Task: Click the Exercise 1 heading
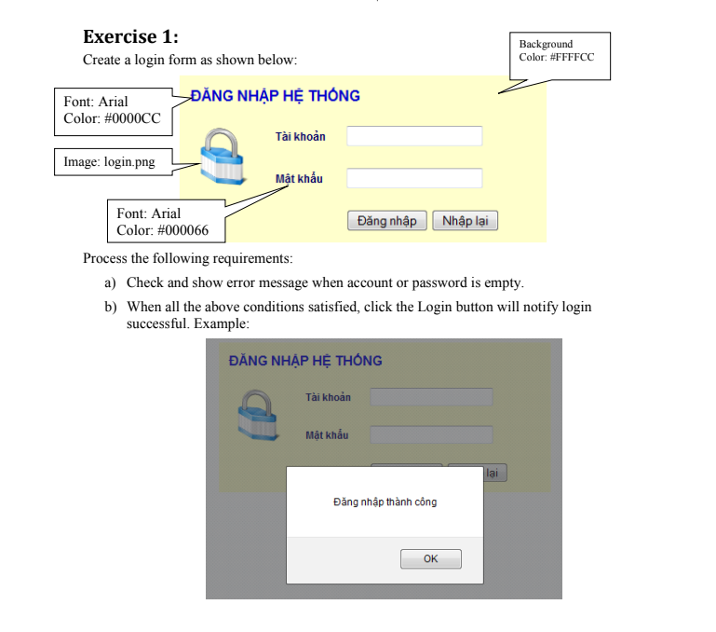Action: point(130,37)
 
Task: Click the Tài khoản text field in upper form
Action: point(414,136)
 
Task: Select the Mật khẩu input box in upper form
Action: point(414,178)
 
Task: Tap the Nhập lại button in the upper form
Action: point(465,221)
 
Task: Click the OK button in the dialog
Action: point(430,559)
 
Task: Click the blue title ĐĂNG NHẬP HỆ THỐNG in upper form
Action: point(275,96)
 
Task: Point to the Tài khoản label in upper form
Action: point(300,137)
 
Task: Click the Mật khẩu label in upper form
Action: point(299,179)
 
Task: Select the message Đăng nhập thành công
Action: point(385,502)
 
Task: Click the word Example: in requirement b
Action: point(224,323)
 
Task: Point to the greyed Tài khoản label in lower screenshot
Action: point(328,398)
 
